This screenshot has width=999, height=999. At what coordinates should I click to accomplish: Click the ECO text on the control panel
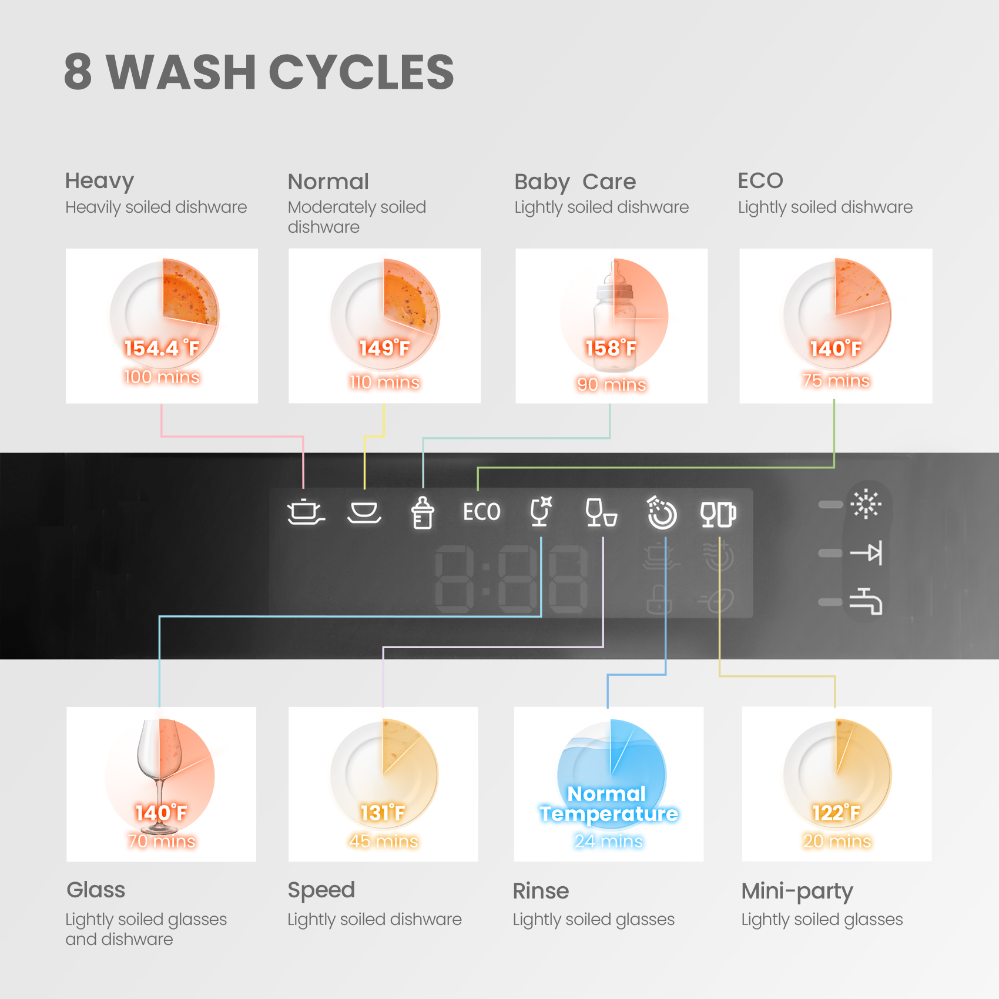coord(481,512)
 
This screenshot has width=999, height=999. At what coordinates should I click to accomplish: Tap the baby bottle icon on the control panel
coord(423,513)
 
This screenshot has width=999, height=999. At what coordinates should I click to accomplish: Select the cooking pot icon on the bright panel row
coord(306,512)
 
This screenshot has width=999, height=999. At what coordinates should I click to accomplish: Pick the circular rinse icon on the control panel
coord(662,513)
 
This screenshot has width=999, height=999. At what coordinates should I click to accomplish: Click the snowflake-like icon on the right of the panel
coord(866,504)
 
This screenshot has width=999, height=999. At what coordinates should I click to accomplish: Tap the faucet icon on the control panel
coord(866,601)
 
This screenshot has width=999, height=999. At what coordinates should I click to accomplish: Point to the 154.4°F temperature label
coord(162,348)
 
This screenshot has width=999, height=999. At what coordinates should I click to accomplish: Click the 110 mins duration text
coord(384,383)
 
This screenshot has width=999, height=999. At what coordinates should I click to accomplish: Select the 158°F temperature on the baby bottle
coord(611,348)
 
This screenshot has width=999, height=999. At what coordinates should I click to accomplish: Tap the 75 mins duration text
coord(836,380)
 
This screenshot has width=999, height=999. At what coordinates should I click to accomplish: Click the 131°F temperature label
coord(383,813)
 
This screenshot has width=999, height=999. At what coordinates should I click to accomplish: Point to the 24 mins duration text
coord(609,841)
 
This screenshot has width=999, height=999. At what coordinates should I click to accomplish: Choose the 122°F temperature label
coord(836,813)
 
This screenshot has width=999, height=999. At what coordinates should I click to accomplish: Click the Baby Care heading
coord(575,182)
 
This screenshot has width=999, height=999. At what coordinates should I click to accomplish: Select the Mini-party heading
coord(797,891)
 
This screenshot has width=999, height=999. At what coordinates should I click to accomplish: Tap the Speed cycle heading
coord(321,891)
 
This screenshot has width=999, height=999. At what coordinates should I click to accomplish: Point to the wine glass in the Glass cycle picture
coord(157,776)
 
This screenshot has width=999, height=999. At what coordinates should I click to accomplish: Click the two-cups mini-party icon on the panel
coord(718,514)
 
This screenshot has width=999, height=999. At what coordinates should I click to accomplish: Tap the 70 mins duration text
coord(162,841)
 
